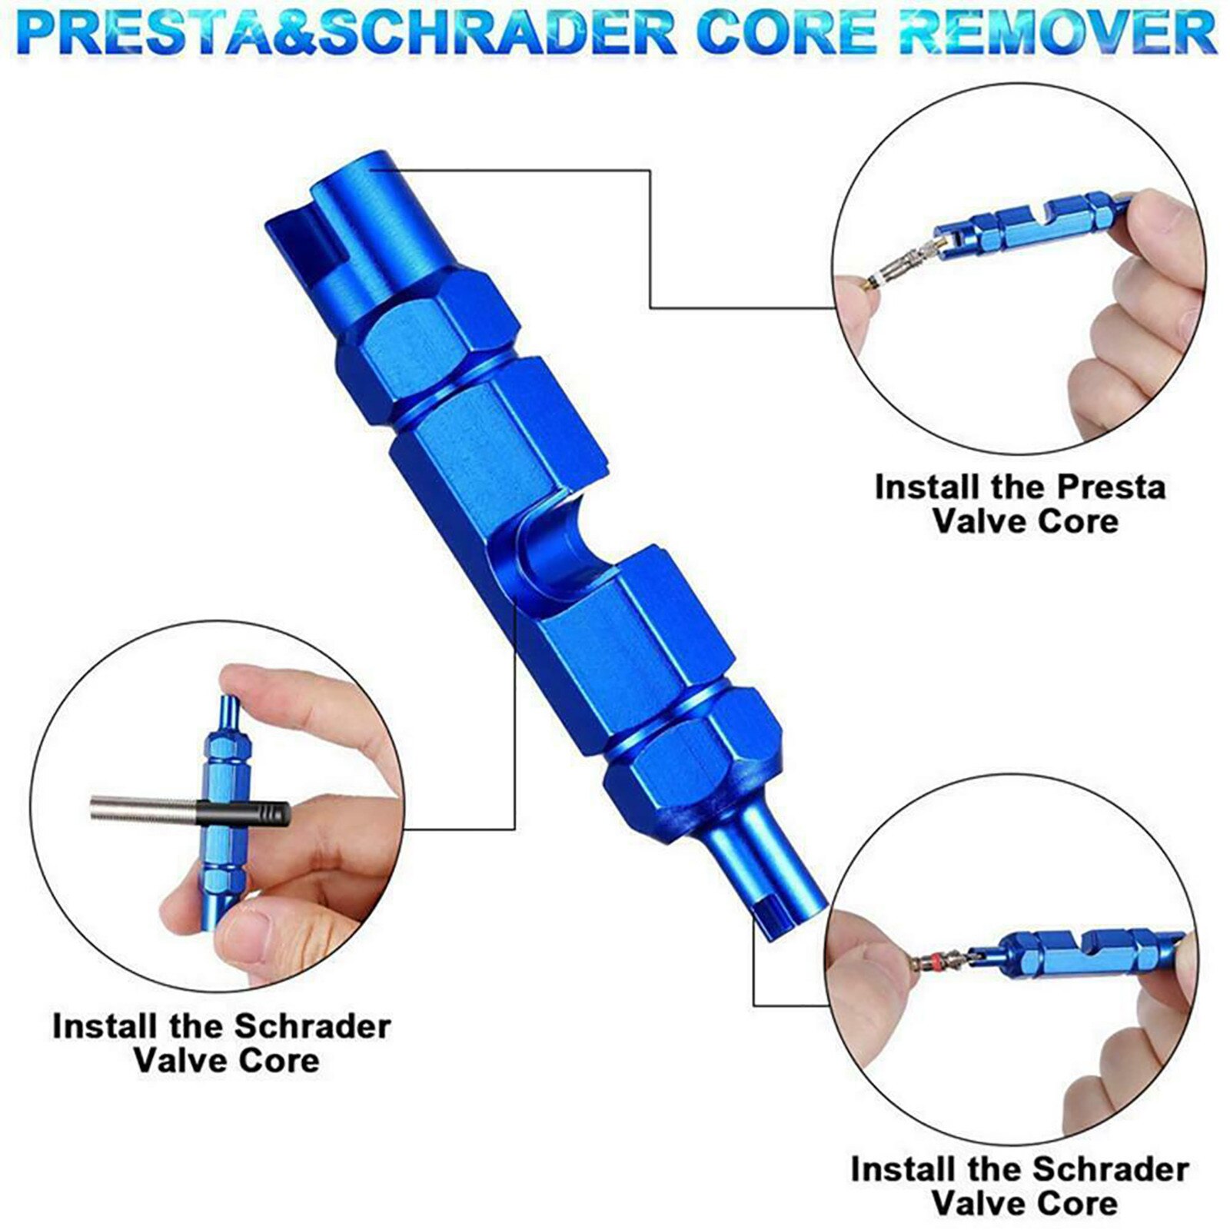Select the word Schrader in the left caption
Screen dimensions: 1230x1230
pyautogui.click(x=311, y=1026)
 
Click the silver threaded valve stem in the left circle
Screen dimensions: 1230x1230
pyautogui.click(x=142, y=807)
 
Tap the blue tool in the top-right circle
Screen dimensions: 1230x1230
pyautogui.click(x=1030, y=223)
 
